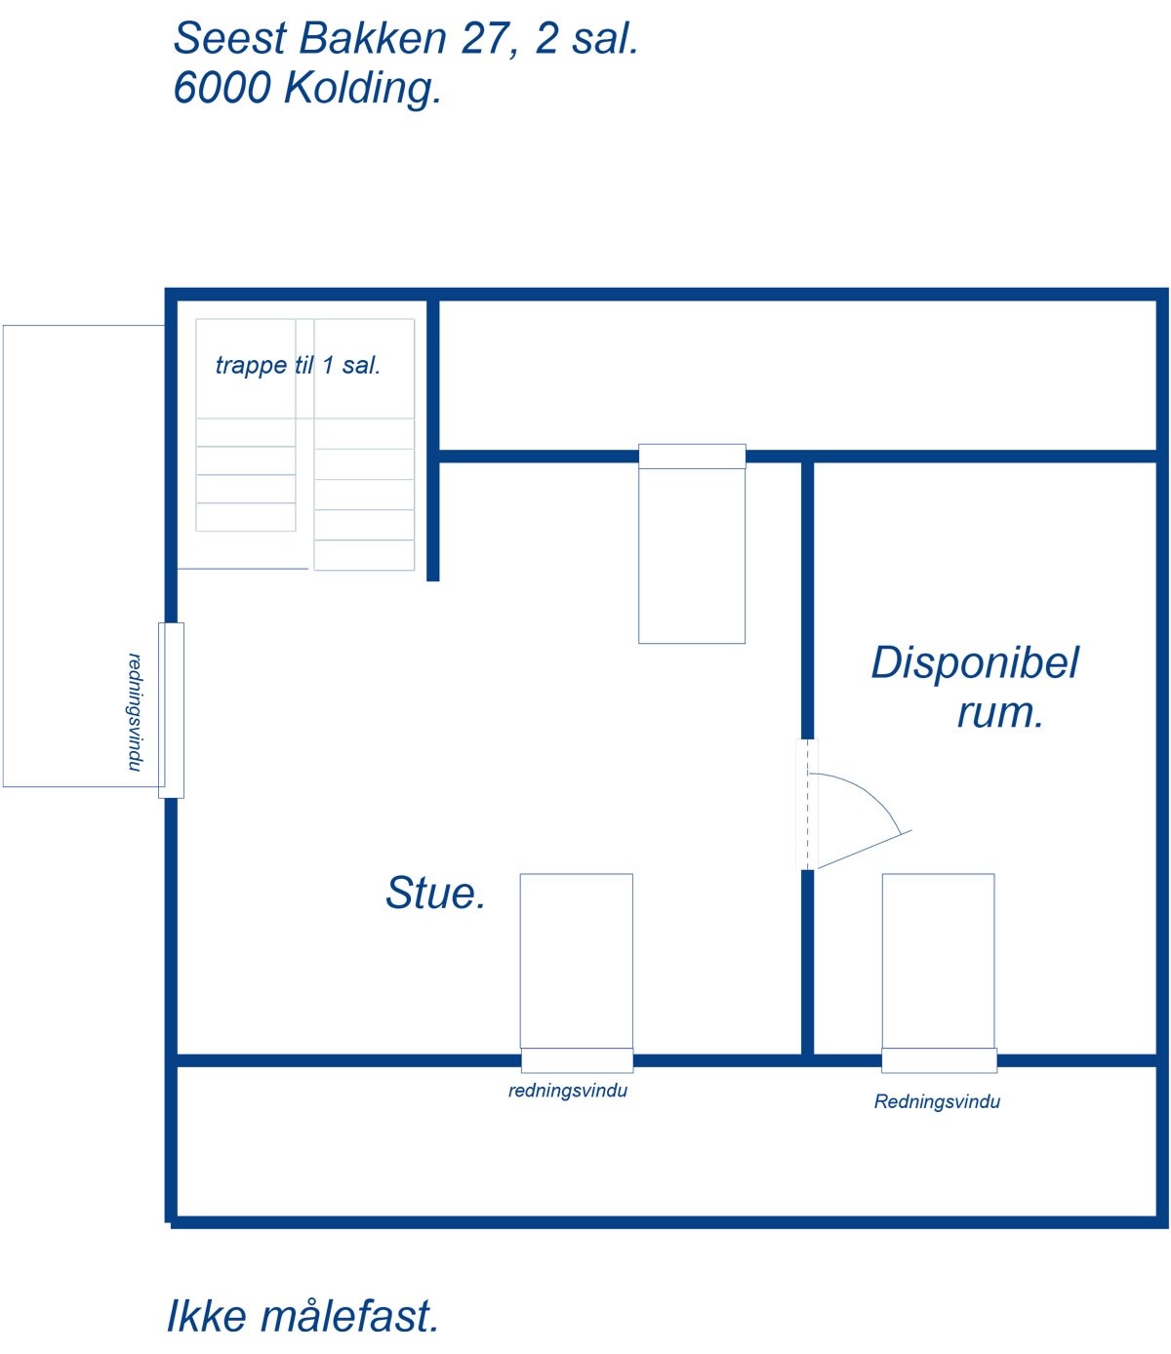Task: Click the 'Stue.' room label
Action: [435, 893]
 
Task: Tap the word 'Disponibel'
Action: [975, 663]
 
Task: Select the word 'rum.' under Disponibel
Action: [1000, 713]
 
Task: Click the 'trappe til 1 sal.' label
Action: [299, 366]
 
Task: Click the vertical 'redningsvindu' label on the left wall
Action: [135, 712]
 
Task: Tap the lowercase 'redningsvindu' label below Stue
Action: [568, 1091]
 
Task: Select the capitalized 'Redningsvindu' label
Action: [937, 1101]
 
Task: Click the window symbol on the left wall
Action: [171, 711]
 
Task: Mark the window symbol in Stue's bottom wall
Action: [577, 1060]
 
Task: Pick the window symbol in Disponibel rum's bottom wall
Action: [939, 1060]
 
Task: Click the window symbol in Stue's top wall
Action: [692, 457]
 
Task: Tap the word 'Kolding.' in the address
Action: [362, 88]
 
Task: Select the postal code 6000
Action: [222, 88]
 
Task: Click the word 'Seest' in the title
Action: [230, 38]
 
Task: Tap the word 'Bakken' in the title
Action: [373, 38]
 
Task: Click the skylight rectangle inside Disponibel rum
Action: [938, 961]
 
